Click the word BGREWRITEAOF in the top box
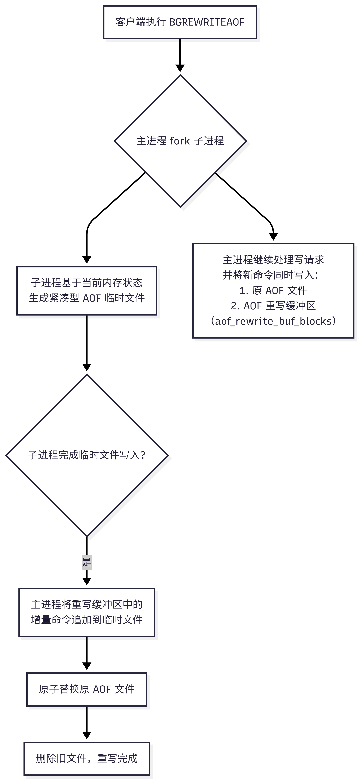pyautogui.click(x=207, y=22)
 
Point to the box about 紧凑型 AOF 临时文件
pyautogui.click(x=87, y=290)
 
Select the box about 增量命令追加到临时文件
pyautogui.click(x=87, y=612)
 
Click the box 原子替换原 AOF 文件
pyautogui.click(x=87, y=689)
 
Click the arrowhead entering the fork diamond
pyautogui.click(x=180, y=68)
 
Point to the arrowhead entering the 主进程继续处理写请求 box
pyautogui.click(x=273, y=237)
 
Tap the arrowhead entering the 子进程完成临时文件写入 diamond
pyautogui.click(x=87, y=367)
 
